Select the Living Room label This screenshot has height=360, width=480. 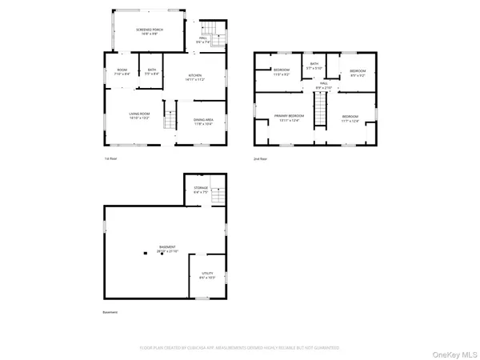point(140,116)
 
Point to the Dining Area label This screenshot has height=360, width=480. point(204,122)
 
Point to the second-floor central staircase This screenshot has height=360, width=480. point(320,110)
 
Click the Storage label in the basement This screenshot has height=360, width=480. point(200,190)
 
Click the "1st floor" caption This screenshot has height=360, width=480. point(111,159)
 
